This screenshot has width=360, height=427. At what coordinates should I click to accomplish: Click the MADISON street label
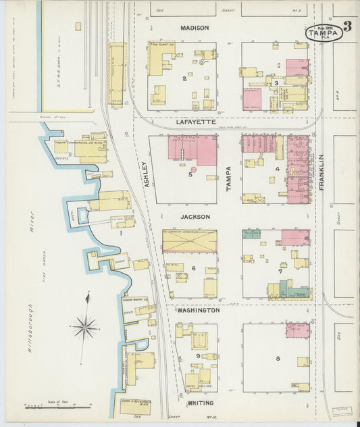point(194,28)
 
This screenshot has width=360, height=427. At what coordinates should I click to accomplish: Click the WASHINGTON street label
point(198,310)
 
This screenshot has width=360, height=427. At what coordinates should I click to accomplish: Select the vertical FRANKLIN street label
point(322,171)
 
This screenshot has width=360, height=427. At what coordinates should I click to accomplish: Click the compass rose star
point(85,327)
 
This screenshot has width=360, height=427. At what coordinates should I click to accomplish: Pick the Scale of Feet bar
point(57,406)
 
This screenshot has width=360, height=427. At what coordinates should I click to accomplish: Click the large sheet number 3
point(347,27)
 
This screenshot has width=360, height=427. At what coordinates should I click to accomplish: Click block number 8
point(277,358)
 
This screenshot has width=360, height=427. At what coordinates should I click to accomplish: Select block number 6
point(193,268)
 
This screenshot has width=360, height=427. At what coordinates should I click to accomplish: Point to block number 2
point(183,78)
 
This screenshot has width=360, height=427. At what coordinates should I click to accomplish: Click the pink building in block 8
point(297,330)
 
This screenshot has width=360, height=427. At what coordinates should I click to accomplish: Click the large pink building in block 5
point(192,148)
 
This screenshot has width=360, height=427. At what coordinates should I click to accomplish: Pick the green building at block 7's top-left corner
point(251,234)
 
